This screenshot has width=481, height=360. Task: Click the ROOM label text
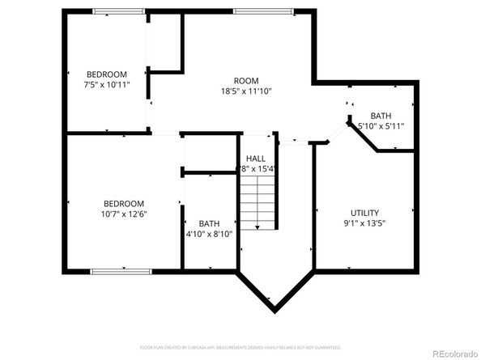245,80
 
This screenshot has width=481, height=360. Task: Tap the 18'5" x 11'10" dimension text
245,91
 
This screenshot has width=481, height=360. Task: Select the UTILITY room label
364,213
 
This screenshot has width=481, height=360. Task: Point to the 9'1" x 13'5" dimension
364,224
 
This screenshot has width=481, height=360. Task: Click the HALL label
256,159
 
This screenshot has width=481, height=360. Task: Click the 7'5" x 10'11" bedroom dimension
108,83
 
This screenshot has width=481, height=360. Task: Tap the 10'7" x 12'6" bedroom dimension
123,214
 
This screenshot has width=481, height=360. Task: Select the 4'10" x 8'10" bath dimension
210,235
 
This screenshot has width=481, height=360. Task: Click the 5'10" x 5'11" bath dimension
381,126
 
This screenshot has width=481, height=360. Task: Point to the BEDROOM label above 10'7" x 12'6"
123,203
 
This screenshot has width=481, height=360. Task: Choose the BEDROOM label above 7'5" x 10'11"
108,73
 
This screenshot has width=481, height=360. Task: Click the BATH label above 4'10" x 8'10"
209,224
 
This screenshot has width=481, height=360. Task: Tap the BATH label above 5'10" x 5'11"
381,116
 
